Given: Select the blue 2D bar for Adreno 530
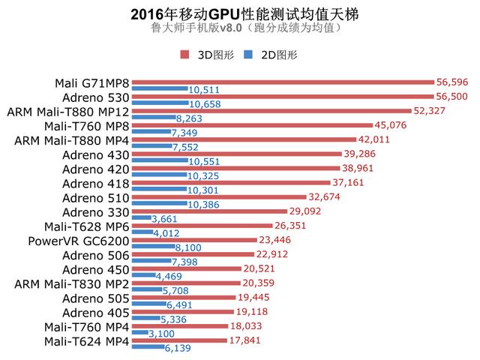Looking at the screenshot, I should (x=160, y=103).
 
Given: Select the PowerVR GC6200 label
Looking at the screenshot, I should (x=78, y=241).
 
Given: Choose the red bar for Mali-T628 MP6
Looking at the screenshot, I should (x=201, y=226).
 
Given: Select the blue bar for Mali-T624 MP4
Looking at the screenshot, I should (x=147, y=349).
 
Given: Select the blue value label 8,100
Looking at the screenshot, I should (x=189, y=248).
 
